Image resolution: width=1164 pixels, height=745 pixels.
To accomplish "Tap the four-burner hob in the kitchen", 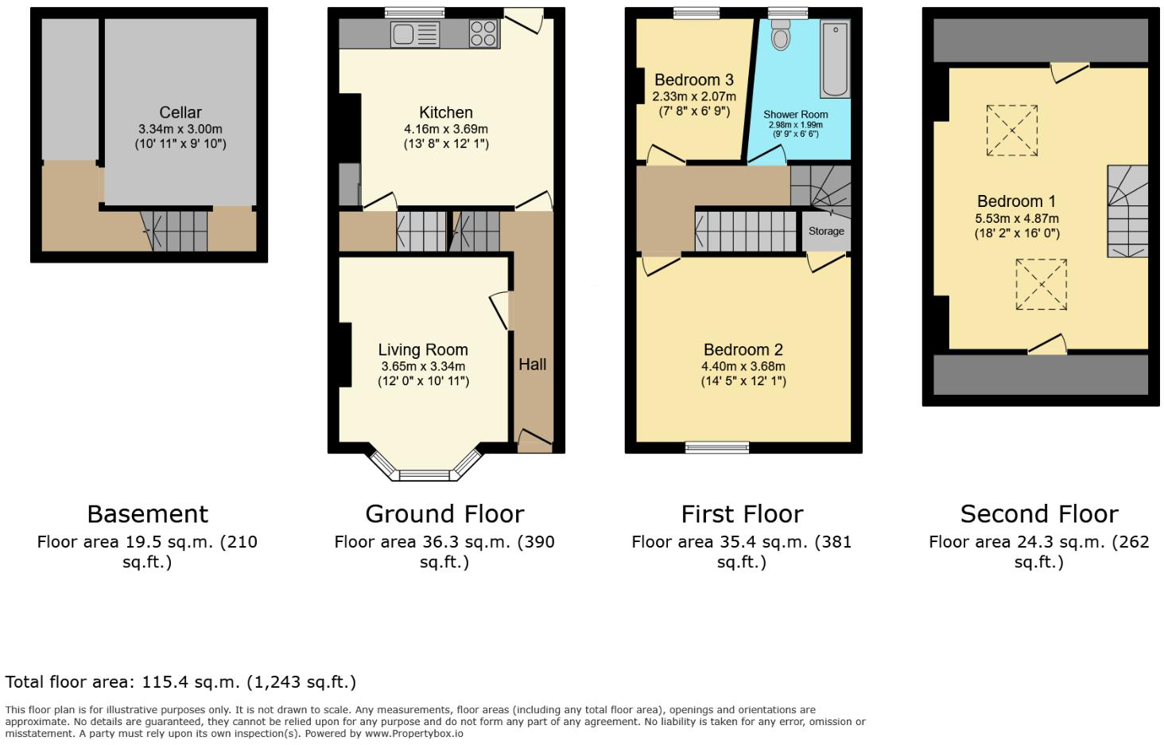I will [483, 34].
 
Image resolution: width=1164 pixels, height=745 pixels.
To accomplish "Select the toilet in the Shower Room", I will [781, 35].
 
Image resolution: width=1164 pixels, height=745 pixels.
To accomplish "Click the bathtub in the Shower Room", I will [835, 60].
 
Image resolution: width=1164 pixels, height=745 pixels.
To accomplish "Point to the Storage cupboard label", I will [826, 231].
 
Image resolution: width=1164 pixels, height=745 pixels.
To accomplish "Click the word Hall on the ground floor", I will [532, 365].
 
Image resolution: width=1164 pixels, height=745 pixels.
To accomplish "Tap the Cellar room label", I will [180, 112].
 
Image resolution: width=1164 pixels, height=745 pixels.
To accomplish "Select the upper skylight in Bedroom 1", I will [1011, 130].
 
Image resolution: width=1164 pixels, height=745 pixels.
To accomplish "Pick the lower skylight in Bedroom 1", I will [1041, 284].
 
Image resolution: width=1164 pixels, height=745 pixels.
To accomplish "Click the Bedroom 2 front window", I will [716, 448].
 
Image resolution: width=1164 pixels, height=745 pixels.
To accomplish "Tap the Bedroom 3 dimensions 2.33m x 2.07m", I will [694, 96].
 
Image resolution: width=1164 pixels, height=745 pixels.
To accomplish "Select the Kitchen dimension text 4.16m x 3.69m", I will [446, 129].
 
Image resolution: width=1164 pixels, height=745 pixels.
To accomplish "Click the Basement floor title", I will [147, 514].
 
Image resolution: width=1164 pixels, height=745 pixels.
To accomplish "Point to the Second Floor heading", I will [1038, 514].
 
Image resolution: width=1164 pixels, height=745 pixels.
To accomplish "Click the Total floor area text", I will [180, 682].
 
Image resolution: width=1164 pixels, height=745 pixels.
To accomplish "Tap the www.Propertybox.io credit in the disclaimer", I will [413, 734].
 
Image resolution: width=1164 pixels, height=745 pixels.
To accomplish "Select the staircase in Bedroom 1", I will [1127, 211].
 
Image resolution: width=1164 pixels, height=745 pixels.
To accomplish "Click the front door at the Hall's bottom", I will [534, 440].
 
